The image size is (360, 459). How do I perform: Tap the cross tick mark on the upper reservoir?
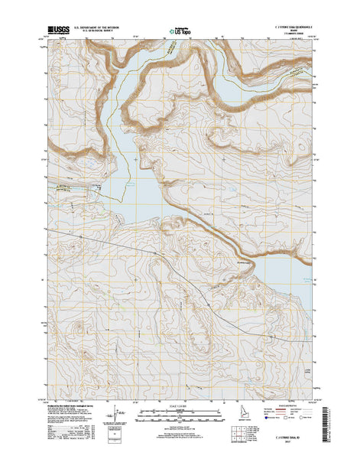(135, 158)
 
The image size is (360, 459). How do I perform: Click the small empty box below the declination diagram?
(115, 439)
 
